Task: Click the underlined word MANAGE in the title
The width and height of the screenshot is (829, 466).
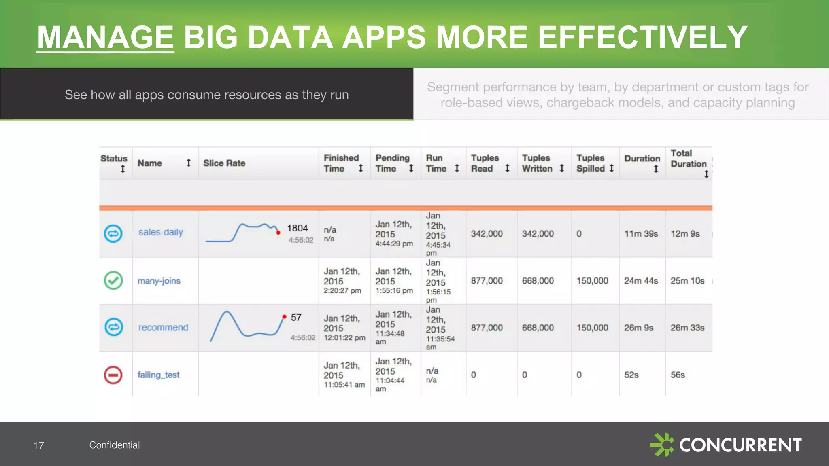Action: [105, 37]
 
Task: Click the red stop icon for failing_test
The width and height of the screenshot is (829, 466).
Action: [113, 375]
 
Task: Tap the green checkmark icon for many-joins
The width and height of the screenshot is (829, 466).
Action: [113, 280]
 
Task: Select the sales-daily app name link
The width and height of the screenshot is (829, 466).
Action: [161, 232]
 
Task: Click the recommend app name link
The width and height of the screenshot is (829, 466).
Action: [163, 327]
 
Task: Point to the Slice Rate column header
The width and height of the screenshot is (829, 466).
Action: [224, 163]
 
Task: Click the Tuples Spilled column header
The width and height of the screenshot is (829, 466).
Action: [591, 163]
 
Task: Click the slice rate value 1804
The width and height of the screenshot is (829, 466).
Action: [297, 228]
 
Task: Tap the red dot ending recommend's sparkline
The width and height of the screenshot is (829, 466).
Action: [284, 317]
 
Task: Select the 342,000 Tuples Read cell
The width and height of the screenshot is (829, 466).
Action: [487, 234]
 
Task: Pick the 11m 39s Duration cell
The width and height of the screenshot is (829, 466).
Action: [641, 234]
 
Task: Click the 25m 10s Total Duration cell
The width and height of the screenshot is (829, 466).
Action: [687, 281]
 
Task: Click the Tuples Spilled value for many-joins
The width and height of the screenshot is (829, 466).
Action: [592, 281]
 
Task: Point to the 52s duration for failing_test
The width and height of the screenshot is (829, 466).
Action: [631, 375]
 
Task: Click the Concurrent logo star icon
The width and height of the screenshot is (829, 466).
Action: [662, 445]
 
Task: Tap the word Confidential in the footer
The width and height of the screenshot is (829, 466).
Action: [115, 445]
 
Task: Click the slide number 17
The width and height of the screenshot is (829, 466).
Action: [38, 445]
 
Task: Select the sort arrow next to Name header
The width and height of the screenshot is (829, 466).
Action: [188, 163]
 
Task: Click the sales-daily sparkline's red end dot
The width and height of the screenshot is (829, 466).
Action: [278, 233]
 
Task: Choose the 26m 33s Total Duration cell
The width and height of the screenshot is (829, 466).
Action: [687, 328]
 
